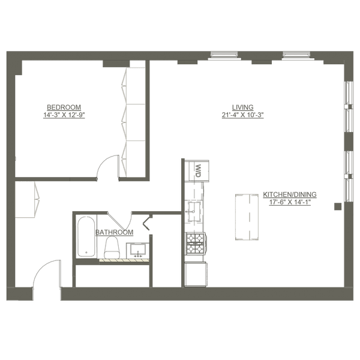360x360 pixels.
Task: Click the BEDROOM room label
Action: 64,107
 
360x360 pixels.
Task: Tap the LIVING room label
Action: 242,107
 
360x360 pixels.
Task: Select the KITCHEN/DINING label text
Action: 289,194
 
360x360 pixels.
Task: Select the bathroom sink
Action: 137,250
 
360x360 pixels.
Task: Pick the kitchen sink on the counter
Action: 194,209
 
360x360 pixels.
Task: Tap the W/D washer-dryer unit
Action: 196,169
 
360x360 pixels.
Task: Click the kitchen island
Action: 247,217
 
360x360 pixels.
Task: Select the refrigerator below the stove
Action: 196,273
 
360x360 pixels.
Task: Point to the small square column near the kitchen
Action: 338,206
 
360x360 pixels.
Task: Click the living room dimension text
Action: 242,115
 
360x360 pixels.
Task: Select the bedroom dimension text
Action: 64,115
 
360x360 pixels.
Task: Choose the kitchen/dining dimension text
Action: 289,202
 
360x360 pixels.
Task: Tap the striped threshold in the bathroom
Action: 124,260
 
